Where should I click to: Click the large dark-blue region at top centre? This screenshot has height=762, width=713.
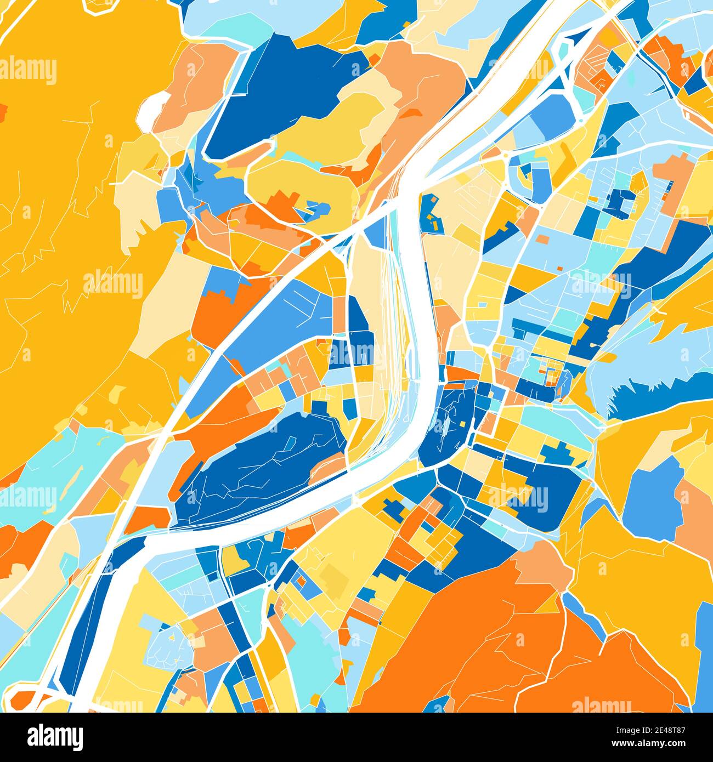point(274,93)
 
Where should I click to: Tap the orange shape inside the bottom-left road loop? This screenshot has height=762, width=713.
point(25,699)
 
